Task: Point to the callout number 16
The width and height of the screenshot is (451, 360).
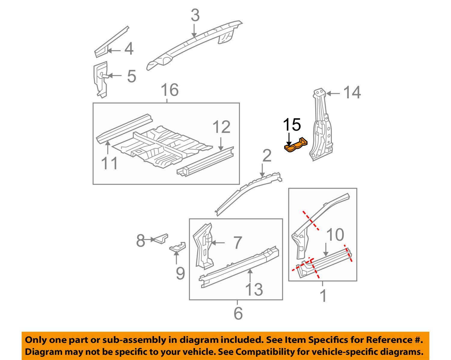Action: coord(170,90)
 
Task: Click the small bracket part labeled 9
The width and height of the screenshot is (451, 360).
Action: coord(178,247)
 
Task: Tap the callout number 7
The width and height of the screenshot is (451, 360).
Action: coord(238,242)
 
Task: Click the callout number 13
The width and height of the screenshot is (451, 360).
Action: coord(254,289)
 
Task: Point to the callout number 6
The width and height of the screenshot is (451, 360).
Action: coord(238,313)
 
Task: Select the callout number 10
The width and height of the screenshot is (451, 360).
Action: coord(335,235)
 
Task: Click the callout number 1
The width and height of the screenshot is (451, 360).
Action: coord(323,296)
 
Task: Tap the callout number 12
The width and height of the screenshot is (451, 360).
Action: coord(222,127)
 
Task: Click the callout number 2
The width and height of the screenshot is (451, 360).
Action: coord(267,156)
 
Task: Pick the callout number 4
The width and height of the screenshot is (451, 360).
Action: coord(129,49)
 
